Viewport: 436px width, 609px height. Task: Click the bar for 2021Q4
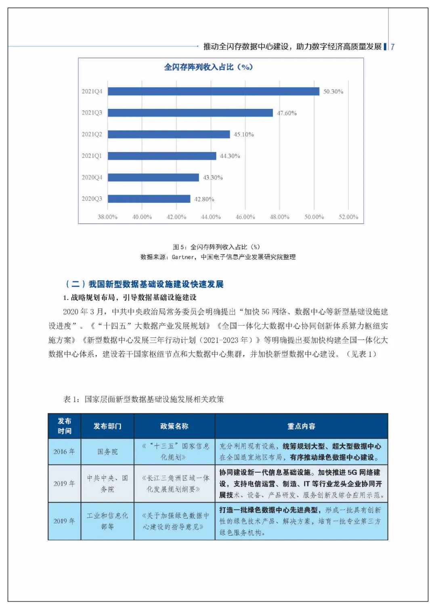click(214, 91)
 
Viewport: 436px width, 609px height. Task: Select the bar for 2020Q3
click(149, 199)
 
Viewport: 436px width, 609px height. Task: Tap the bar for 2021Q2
click(169, 134)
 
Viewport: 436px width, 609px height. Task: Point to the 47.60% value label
click(287, 113)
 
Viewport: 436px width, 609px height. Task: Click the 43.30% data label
click(213, 177)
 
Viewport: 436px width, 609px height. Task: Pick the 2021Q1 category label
click(92, 156)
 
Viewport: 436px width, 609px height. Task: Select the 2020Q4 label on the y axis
click(92, 177)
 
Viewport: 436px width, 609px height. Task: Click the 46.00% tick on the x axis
click(245, 217)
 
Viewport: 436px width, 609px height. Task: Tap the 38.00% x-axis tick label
click(107, 217)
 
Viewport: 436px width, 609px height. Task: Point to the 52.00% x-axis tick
click(348, 217)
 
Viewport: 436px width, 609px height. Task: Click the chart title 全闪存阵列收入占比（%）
click(208, 67)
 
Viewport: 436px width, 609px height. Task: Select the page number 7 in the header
click(392, 47)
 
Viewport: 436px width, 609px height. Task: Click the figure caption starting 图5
click(216, 247)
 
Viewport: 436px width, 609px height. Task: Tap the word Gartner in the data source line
click(183, 257)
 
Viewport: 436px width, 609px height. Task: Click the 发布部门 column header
click(107, 426)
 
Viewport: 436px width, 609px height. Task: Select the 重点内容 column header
click(301, 426)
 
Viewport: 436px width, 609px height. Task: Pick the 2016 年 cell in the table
click(64, 452)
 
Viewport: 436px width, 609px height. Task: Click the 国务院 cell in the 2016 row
click(107, 452)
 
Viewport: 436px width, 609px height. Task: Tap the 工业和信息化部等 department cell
click(107, 521)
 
